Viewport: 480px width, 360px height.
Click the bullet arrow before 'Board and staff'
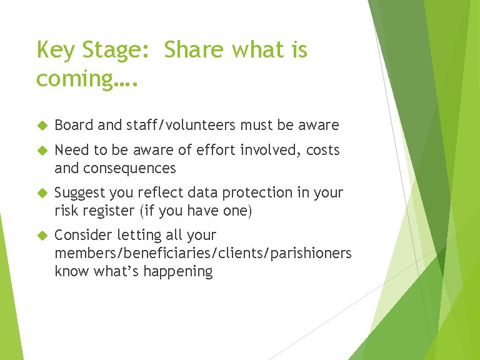(x=42, y=126)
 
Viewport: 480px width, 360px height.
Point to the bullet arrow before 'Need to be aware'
(x=42, y=151)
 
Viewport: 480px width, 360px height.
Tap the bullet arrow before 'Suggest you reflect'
(x=42, y=193)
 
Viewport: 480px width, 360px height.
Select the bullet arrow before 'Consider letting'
(x=42, y=236)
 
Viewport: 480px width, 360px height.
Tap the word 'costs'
(x=322, y=151)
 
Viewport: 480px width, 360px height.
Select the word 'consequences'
(x=137, y=168)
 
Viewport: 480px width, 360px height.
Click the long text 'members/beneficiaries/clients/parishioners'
(x=203, y=254)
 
